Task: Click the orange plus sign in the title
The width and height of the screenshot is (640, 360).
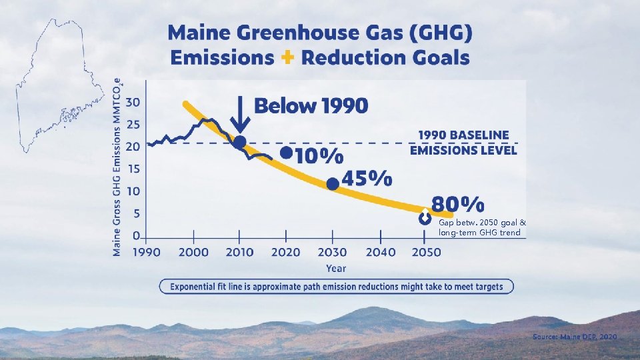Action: [287, 57]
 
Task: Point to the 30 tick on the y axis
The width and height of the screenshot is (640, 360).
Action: [133, 102]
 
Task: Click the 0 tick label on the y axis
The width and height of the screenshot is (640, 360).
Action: [136, 235]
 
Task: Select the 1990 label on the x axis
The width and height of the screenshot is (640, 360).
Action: [146, 253]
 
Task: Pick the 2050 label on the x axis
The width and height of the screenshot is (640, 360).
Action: [425, 253]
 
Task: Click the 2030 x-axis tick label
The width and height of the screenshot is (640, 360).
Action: [332, 253]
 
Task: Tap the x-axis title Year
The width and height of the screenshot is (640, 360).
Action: [336, 268]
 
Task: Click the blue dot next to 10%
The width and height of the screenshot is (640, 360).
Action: [286, 153]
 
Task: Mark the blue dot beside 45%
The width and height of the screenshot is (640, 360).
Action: [333, 183]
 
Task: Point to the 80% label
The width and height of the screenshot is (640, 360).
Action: [458, 203]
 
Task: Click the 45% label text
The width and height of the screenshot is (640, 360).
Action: [366, 179]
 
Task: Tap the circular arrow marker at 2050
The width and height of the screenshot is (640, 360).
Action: [425, 218]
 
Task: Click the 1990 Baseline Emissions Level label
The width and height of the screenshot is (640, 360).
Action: [463, 143]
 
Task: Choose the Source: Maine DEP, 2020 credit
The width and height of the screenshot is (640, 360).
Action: [575, 337]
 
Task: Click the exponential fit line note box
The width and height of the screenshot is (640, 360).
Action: [336, 287]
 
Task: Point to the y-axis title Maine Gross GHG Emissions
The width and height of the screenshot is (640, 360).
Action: [117, 167]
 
